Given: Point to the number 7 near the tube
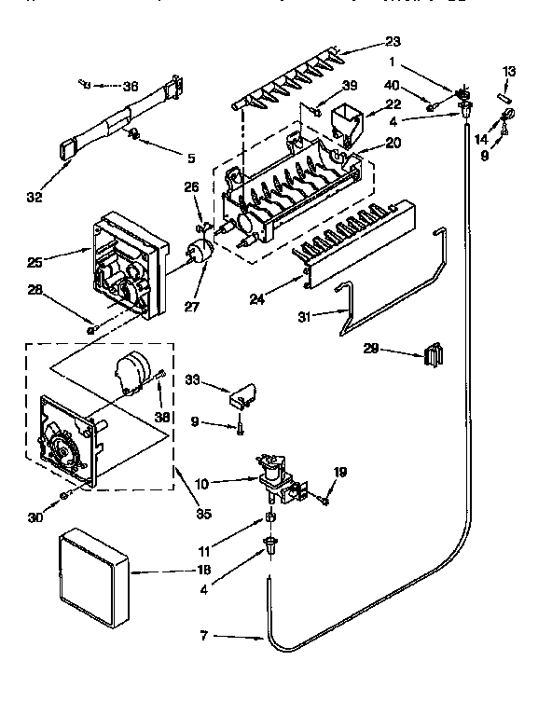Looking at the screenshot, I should point(204,637).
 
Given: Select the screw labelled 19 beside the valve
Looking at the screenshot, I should point(324,502).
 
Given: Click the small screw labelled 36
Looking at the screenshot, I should point(86,85).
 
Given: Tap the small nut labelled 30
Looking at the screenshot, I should point(63,492).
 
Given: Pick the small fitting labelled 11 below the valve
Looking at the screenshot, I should point(270,517).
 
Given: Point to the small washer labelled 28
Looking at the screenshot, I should point(91,327).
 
